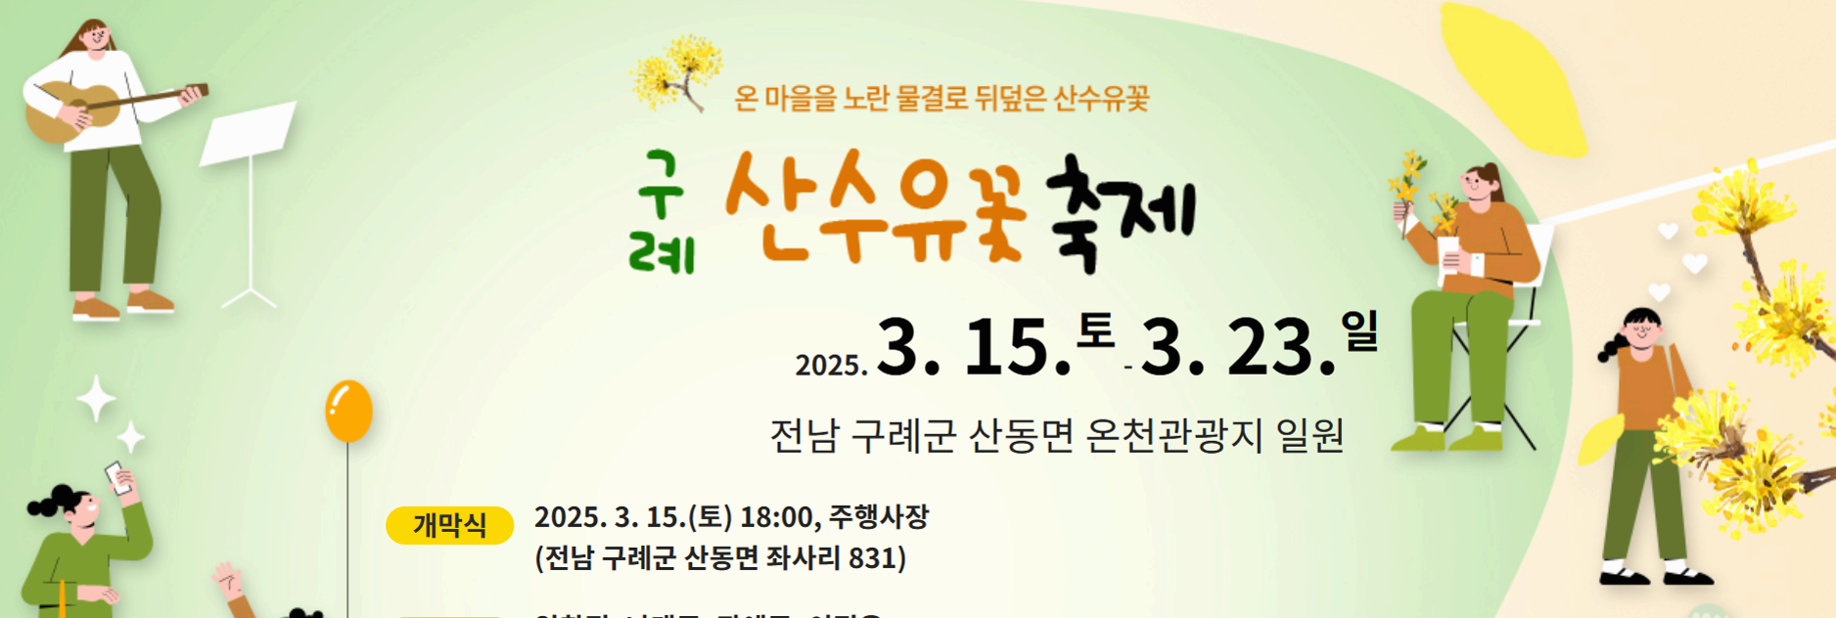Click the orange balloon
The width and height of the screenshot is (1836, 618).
coord(348,411)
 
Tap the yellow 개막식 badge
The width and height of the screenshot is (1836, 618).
coord(449,526)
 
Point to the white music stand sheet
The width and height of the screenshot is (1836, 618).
coord(248,133)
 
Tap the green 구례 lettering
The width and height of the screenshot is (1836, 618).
coord(662,213)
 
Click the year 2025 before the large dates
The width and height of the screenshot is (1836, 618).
coord(830,365)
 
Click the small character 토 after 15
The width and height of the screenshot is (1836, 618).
coord(1095,331)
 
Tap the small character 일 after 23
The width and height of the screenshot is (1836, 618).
coord(1359,331)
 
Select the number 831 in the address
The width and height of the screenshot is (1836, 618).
coord(873,558)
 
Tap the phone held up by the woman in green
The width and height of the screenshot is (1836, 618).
coord(118,477)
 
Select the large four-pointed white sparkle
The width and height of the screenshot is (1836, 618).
coord(96,398)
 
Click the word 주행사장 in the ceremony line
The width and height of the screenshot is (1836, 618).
coord(879,516)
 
